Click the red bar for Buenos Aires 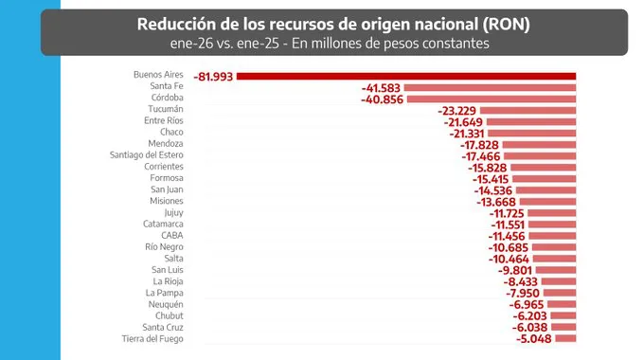(x=407, y=76)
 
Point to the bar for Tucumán (x=530, y=110)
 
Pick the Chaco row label (x=171, y=132)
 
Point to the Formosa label (x=167, y=177)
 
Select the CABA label (x=171, y=235)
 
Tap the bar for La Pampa (x=561, y=293)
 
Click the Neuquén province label (x=166, y=304)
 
